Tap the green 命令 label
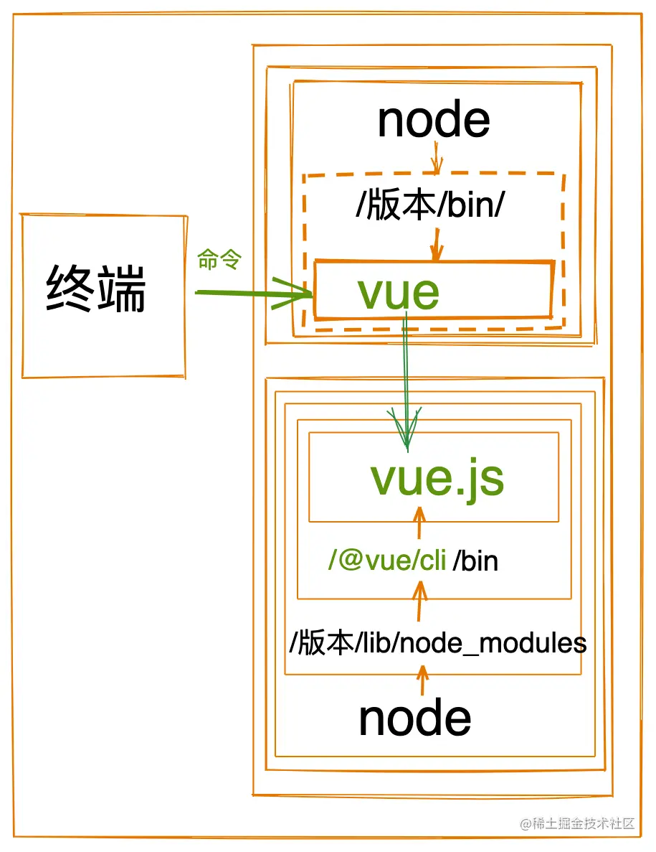220,261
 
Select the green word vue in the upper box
398,292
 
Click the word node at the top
433,120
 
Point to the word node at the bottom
414,718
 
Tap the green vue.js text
437,478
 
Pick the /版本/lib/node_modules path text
437,643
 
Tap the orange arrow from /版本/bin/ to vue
436,243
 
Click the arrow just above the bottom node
422,680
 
